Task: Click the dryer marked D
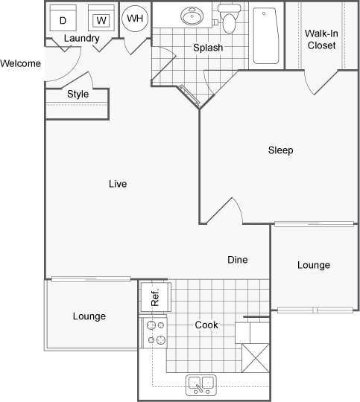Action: point(63,19)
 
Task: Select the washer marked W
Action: point(100,19)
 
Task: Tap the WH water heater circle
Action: point(135,19)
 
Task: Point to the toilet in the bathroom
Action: point(228,20)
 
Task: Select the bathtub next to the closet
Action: point(265,36)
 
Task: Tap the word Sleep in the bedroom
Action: point(280,150)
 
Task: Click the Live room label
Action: point(117,183)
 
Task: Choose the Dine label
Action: point(237,260)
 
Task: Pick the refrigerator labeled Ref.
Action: point(155,298)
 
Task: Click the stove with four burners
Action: point(155,332)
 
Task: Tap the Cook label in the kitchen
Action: point(206,325)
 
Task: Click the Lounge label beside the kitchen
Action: point(89,316)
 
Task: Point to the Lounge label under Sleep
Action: point(313,265)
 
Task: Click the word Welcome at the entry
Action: point(21,63)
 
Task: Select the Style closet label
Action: point(78,94)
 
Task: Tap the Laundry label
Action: point(82,38)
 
